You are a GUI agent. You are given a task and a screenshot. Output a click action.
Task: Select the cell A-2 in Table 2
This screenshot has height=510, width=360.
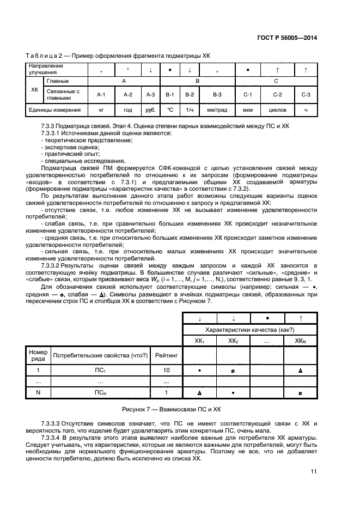[x=128, y=94]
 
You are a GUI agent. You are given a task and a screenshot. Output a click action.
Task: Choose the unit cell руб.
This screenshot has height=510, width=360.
[x=150, y=110]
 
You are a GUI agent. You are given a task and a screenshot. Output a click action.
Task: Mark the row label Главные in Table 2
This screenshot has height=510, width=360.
[x=58, y=81]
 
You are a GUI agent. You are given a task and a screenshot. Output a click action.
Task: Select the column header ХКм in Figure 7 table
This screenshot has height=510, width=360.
[x=300, y=341]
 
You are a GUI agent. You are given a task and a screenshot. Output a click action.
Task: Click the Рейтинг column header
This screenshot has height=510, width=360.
[x=166, y=356]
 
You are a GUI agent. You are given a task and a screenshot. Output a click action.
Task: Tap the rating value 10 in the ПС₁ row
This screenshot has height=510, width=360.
[x=166, y=370]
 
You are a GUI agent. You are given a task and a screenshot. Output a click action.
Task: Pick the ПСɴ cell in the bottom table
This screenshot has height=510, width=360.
[x=100, y=392]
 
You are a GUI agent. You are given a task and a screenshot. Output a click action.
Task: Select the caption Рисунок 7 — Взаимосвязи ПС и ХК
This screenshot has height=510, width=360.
[x=172, y=408]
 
